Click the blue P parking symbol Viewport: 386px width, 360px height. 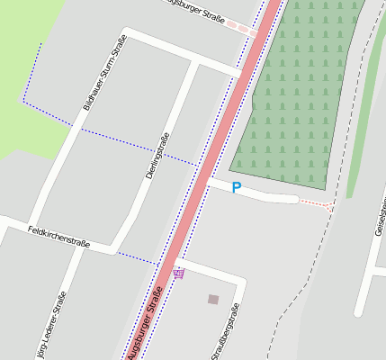point(237,187)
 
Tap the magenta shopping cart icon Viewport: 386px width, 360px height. point(179,274)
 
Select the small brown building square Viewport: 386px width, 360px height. point(213,299)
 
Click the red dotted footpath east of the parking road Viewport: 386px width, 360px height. point(315,203)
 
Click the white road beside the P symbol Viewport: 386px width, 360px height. point(270,193)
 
